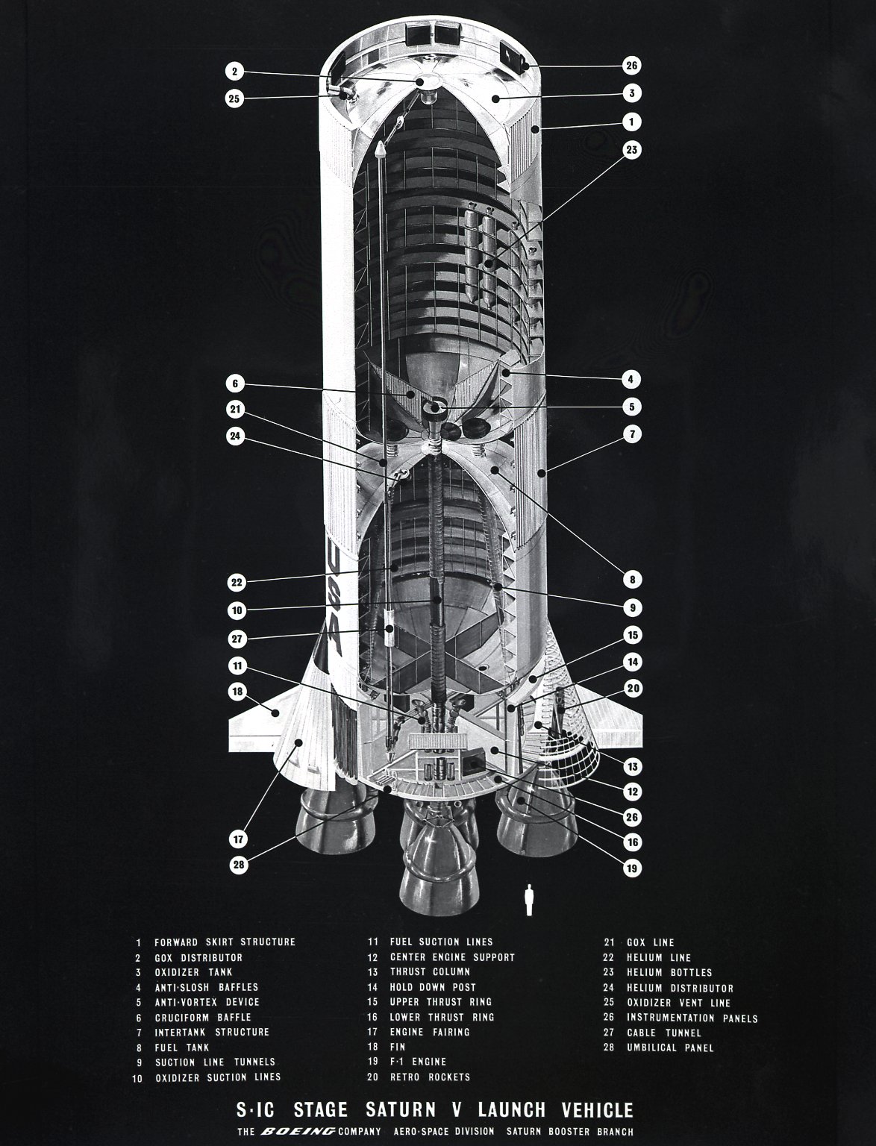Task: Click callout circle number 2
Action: [x=235, y=71]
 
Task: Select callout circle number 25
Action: [x=235, y=98]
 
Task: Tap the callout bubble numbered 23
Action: [x=632, y=150]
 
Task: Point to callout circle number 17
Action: [x=239, y=839]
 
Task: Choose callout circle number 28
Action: [x=239, y=865]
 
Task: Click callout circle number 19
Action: [x=632, y=868]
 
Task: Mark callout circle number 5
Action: [x=632, y=407]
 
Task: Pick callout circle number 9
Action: [x=633, y=607]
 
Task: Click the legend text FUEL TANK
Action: [x=181, y=1048]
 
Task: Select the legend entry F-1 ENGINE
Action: [x=418, y=1062]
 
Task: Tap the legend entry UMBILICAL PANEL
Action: [x=670, y=1048]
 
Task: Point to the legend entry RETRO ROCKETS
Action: [x=431, y=1077]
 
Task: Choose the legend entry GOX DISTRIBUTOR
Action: [x=198, y=958]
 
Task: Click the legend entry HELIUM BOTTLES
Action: [x=669, y=973]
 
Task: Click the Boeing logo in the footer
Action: [x=298, y=1131]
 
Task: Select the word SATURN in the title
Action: [x=401, y=1110]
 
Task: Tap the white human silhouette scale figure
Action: [x=529, y=900]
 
